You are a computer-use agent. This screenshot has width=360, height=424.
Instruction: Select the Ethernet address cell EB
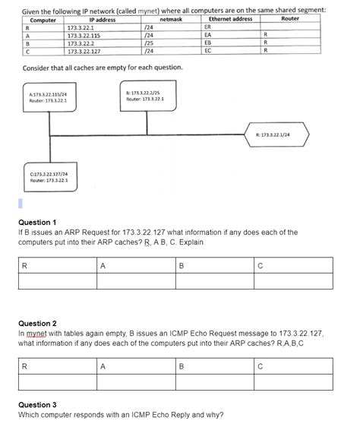(x=208, y=43)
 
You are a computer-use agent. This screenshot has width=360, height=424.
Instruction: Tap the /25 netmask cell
(x=149, y=43)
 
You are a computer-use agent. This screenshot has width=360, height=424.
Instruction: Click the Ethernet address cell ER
(x=208, y=27)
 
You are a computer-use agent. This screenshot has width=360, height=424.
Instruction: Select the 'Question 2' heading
(x=37, y=323)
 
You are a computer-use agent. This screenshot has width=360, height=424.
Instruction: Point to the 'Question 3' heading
(x=37, y=405)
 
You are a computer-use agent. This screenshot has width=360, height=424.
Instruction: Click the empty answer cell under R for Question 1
(x=57, y=281)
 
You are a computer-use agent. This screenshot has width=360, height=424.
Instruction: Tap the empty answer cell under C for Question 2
(x=292, y=381)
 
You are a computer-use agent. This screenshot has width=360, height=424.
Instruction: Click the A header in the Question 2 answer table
(x=103, y=365)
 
